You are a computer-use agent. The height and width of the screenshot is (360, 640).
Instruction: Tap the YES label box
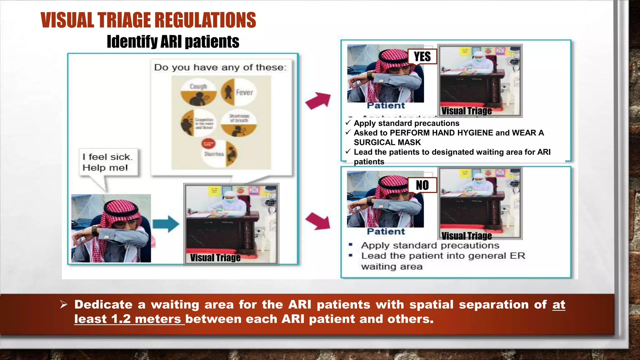[x=422, y=57]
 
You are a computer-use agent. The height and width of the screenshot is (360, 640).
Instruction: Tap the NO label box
[x=422, y=185]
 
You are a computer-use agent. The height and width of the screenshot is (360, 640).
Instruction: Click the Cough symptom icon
[x=198, y=93]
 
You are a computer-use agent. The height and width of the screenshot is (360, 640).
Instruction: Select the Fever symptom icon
[x=239, y=92]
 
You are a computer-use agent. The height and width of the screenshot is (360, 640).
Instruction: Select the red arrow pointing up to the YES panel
[x=318, y=100]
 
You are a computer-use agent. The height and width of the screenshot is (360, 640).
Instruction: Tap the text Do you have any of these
[x=220, y=67]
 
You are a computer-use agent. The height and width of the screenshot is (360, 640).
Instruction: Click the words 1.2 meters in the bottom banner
[x=146, y=319]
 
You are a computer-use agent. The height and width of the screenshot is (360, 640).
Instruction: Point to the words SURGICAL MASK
[x=387, y=142]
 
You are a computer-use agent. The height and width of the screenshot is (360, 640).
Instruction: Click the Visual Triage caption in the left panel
[x=215, y=258]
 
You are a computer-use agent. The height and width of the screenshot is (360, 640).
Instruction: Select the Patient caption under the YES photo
[x=386, y=106]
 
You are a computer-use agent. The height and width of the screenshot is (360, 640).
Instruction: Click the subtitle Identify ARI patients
[x=173, y=42]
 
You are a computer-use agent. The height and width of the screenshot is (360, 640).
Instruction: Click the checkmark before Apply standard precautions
[x=348, y=123]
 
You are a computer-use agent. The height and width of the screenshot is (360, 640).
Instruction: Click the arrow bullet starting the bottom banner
[x=64, y=304]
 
